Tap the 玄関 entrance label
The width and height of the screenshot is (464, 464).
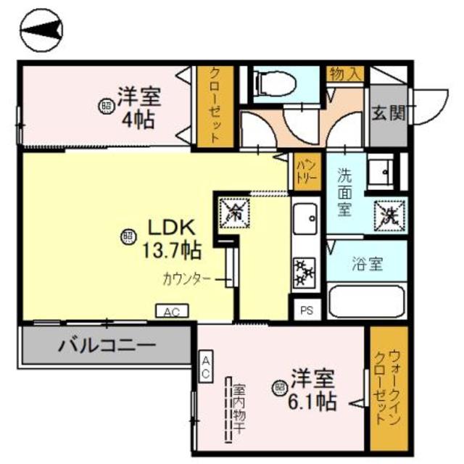coord(388,113)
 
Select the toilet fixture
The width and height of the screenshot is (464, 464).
coord(275,86)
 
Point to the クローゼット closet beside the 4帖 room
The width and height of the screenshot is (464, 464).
coord(215,107)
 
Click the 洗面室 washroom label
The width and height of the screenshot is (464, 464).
coord(345,192)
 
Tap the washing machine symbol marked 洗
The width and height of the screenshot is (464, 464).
coord(389,215)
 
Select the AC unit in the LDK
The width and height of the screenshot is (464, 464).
coord(173,312)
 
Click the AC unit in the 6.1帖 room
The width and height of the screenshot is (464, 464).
coord(206,368)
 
